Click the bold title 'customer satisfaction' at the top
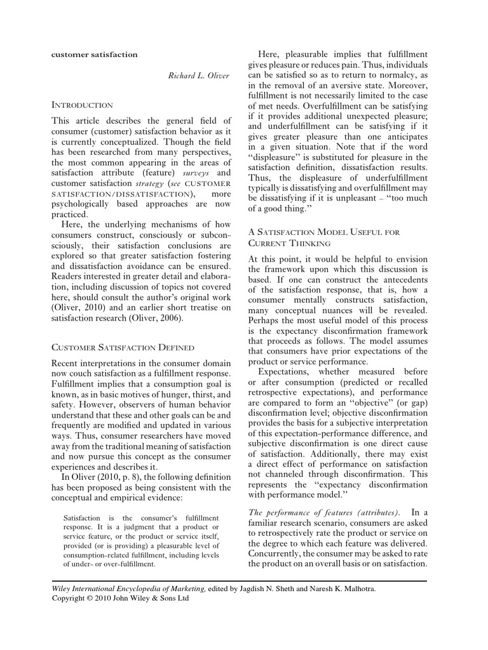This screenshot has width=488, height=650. [94, 55]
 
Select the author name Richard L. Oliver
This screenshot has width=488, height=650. [198, 76]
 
